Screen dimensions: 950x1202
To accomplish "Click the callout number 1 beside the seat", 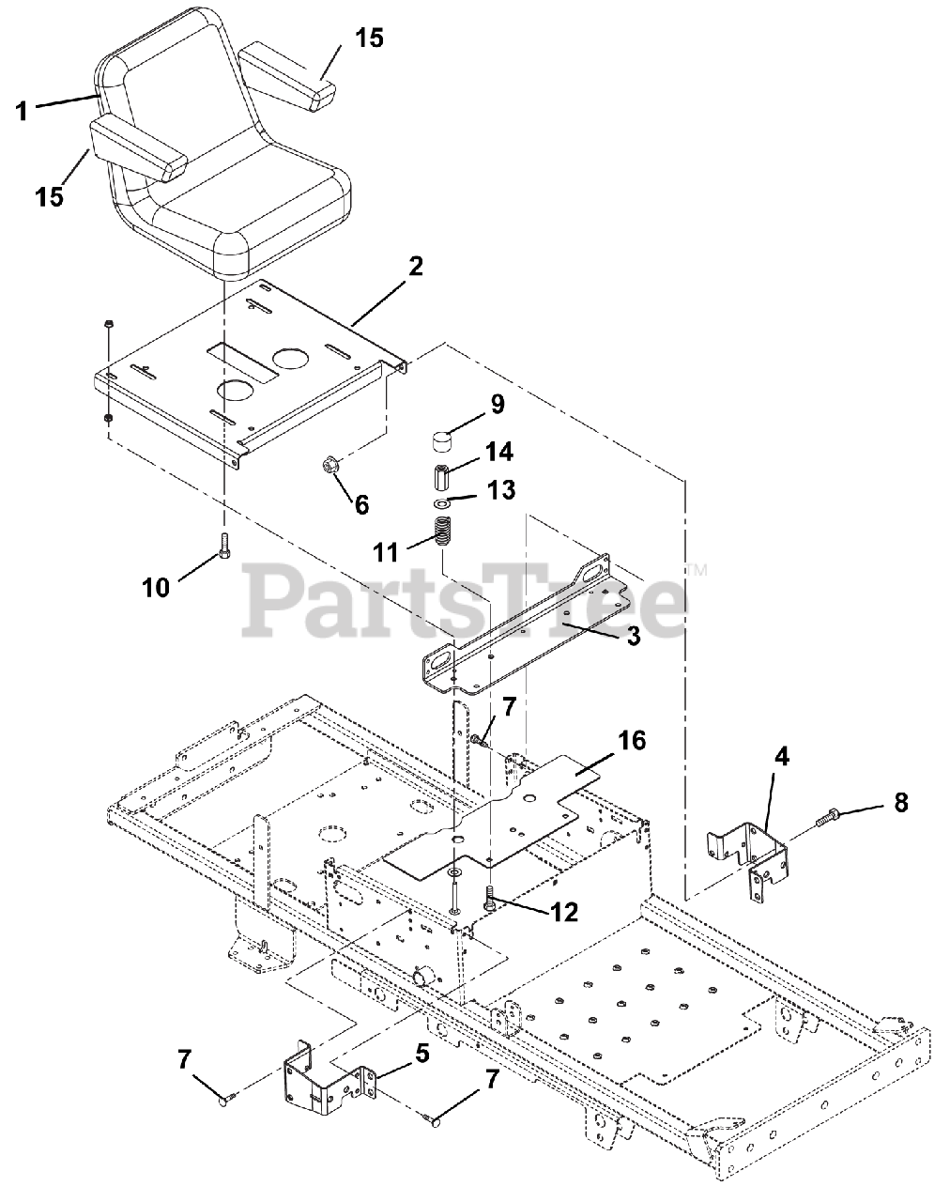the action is (22, 111).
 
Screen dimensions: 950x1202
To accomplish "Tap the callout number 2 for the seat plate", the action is (416, 267).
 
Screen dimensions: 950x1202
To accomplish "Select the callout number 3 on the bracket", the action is (633, 636).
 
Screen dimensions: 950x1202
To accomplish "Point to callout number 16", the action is (632, 742).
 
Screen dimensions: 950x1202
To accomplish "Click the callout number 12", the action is (563, 912).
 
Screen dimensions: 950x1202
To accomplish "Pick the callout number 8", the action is (901, 803).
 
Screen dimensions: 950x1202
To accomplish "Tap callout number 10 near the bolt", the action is (155, 588).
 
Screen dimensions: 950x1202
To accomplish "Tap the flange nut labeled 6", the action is (328, 465).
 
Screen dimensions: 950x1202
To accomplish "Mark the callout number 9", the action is (498, 405).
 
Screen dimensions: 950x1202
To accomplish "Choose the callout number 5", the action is (422, 1054).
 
